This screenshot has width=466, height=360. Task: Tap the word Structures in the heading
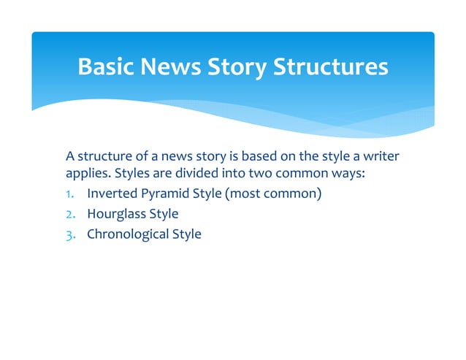click(330, 67)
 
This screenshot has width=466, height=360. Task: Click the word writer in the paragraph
click(385, 156)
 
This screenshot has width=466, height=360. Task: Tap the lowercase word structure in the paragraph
click(104, 156)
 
